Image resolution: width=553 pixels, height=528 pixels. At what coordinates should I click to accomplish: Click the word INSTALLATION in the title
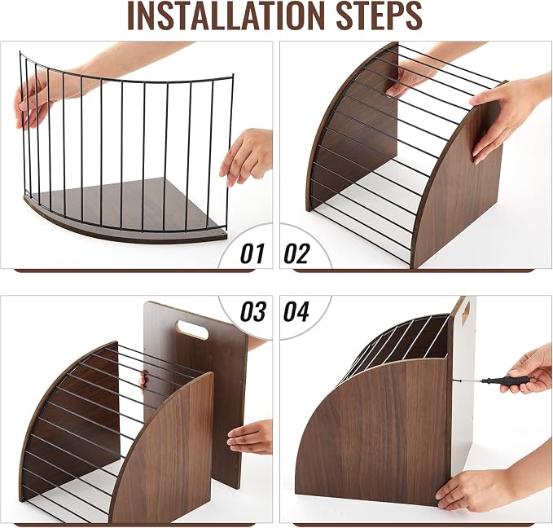click(226, 15)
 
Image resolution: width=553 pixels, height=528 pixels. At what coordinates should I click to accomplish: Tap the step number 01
click(252, 253)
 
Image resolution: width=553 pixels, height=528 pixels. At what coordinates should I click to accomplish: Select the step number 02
click(296, 253)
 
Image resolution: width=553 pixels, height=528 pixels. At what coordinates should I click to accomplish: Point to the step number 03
click(252, 311)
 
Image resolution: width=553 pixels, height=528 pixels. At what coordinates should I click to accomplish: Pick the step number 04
click(296, 311)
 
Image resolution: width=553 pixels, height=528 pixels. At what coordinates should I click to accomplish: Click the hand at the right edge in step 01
click(247, 156)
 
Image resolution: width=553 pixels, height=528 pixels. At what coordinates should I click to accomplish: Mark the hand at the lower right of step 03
click(250, 436)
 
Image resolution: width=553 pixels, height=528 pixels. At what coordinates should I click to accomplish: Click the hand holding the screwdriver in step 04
click(529, 371)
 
